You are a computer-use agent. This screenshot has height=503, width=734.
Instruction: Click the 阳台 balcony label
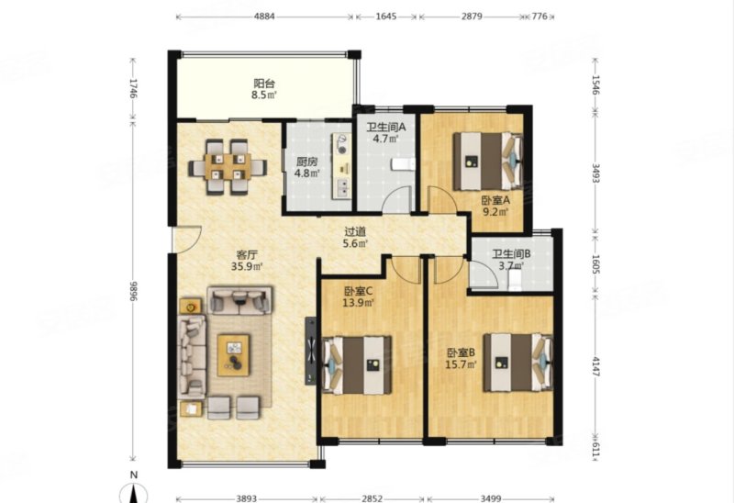coord(264,84)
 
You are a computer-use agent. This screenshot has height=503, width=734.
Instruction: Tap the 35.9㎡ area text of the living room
coord(247,267)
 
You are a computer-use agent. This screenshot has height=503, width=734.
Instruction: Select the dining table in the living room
coord(228,167)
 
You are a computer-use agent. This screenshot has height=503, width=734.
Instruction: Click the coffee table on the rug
coord(234,354)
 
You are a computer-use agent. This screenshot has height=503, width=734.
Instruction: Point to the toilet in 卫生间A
coord(403,164)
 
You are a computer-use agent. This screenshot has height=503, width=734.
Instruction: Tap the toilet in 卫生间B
coord(515,280)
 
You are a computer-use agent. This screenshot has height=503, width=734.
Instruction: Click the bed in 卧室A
coord(488,162)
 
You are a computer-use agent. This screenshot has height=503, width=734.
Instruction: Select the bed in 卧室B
coord(518,363)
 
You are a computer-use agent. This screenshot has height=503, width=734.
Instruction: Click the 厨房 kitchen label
coord(307,162)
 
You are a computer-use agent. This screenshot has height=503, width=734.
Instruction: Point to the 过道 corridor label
coord(355,231)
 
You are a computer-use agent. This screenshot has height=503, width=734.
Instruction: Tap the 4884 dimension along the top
coord(264,17)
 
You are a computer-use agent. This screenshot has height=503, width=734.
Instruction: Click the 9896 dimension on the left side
coord(133,291)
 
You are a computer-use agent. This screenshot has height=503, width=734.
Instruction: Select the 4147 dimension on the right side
coord(595,366)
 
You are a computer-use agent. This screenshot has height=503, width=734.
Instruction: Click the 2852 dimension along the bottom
coord(373,498)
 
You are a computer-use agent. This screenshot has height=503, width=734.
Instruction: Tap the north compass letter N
coord(134,475)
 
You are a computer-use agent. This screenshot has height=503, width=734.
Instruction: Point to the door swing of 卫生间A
coord(396,199)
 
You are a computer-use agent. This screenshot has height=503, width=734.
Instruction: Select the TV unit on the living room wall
coord(310,352)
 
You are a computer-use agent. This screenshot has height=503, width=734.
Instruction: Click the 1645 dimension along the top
coord(386,17)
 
